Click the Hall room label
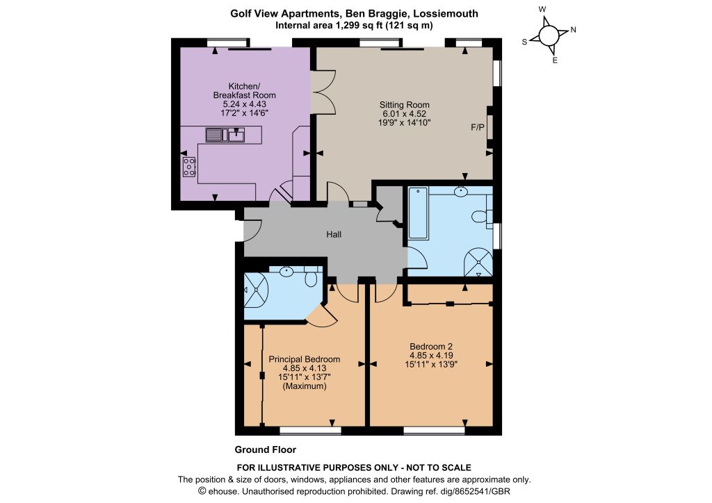[x=334, y=235]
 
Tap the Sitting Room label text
[x=404, y=105]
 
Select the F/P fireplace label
[x=477, y=128]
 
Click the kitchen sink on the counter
[x=225, y=135]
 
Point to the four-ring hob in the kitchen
[x=189, y=167]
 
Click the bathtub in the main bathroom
[x=418, y=213]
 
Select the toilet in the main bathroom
[x=481, y=216]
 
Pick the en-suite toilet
[x=311, y=277]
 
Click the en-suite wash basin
[x=286, y=272]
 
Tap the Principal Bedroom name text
[x=305, y=359]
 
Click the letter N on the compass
[x=573, y=30]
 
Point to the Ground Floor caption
[x=265, y=450]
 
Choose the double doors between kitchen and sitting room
[x=323, y=92]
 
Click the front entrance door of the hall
[x=252, y=231]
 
